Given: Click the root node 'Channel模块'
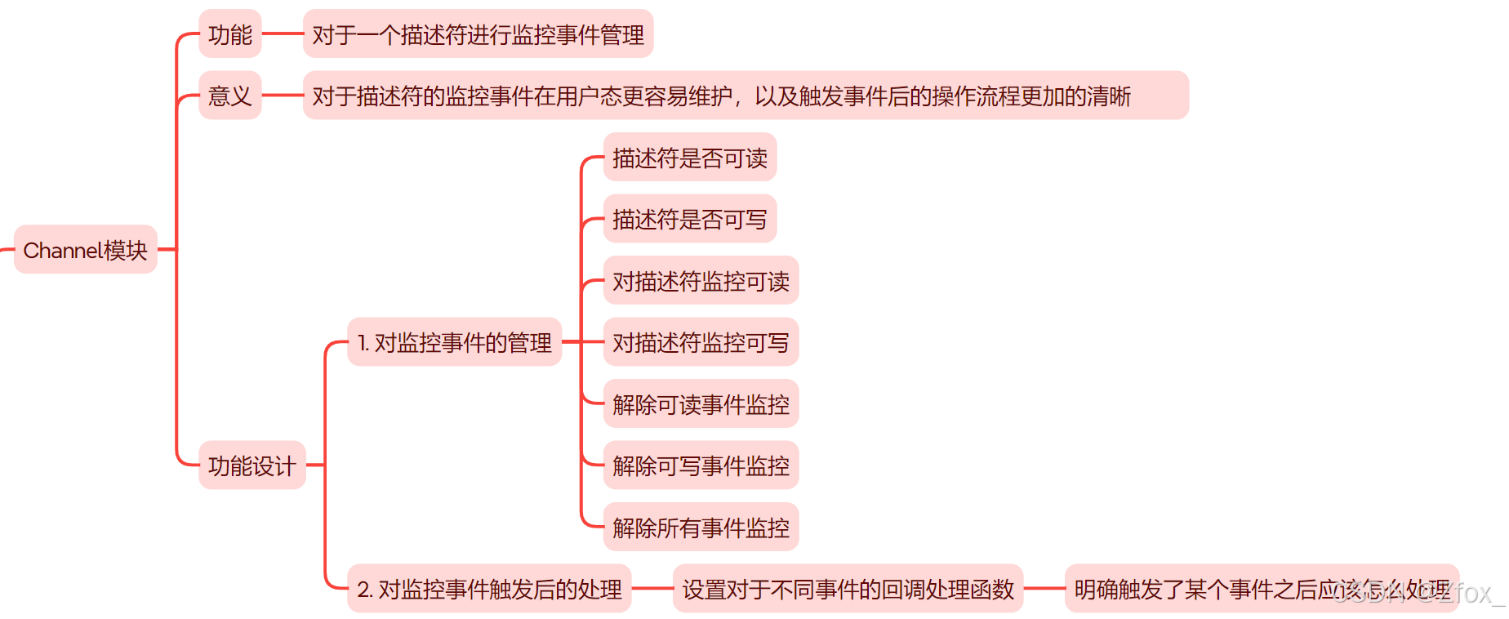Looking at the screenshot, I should pyautogui.click(x=86, y=250).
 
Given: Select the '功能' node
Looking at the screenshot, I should pyautogui.click(x=230, y=34).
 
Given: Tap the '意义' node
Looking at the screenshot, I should pyautogui.click(x=230, y=96).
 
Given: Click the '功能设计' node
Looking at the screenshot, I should pyautogui.click(x=251, y=465).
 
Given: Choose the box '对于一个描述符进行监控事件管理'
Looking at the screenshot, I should pyautogui.click(x=478, y=34).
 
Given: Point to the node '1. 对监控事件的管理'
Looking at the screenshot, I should pyautogui.click(x=454, y=342).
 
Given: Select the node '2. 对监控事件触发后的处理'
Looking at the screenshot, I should pyautogui.click(x=489, y=589).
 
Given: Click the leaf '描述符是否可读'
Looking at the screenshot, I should pyautogui.click(x=689, y=158).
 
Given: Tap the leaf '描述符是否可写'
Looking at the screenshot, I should pyautogui.click(x=689, y=219).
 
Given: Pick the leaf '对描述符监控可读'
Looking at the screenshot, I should pyautogui.click(x=701, y=281).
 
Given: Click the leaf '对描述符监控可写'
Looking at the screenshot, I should pyautogui.click(x=701, y=342).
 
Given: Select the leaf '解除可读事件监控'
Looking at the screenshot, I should pyautogui.click(x=701, y=404).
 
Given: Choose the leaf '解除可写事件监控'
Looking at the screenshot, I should pyautogui.click(x=701, y=465).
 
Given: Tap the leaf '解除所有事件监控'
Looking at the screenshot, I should pyautogui.click(x=701, y=528).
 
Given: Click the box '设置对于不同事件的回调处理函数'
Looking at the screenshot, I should pyautogui.click(x=848, y=589).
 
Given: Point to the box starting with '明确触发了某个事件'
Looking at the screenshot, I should pyautogui.click(x=1262, y=589).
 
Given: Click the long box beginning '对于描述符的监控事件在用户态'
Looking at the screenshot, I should pyautogui.click(x=745, y=96).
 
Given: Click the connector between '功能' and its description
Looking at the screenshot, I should pyautogui.click(x=283, y=34).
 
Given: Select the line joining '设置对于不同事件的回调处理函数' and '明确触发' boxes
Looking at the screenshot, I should pyautogui.click(x=1044, y=588).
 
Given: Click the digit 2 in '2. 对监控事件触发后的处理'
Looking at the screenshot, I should pyautogui.click(x=364, y=590).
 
